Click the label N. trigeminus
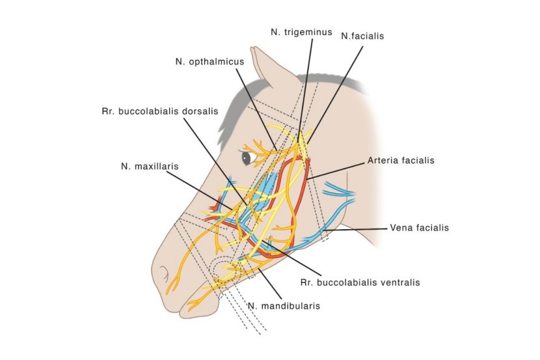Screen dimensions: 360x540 click(301, 31)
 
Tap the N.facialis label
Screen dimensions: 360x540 click(362, 36)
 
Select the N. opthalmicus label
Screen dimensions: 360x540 click(209, 62)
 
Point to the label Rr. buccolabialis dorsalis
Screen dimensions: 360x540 click(159, 111)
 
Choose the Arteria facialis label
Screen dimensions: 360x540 click(400, 159)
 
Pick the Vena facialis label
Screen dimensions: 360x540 click(419, 228)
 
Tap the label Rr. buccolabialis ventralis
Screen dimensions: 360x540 click(360, 283)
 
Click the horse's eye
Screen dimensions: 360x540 click(246, 158)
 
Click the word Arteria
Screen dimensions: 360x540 click(383, 159)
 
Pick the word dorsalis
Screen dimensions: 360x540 click(200, 111)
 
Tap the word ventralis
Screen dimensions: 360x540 click(400, 283)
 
